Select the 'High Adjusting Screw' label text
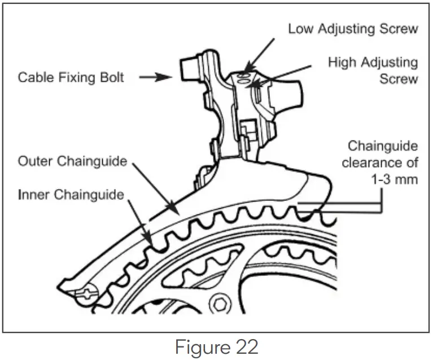click(373, 70)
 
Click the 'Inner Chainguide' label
click(71, 195)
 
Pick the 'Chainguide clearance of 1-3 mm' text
click(382, 163)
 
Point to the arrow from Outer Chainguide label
click(155, 192)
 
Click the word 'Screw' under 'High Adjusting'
click(398, 78)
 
